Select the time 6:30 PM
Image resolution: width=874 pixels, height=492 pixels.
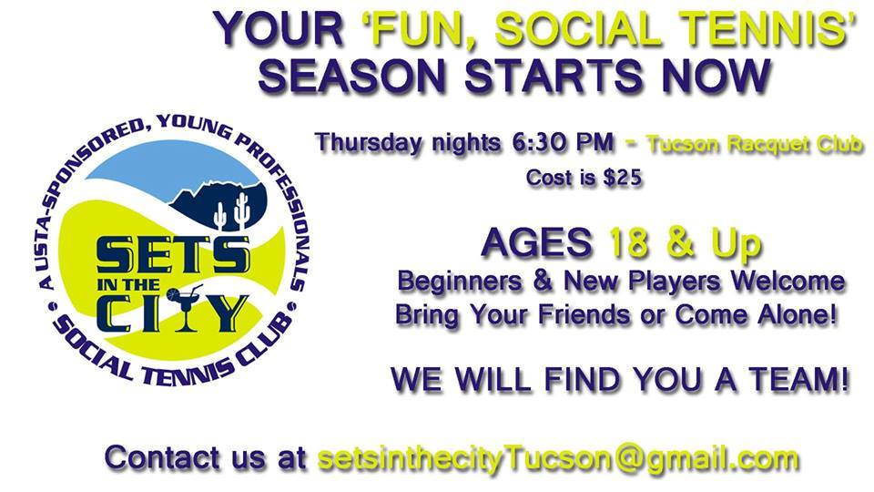pyautogui.click(x=563, y=143)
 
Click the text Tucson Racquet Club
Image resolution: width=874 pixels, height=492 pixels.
pyautogui.click(x=755, y=144)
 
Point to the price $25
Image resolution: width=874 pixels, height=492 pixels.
pyautogui.click(x=623, y=178)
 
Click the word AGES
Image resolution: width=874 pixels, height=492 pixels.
pyautogui.click(x=537, y=242)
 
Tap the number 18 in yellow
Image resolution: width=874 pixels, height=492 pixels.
pyautogui.click(x=630, y=242)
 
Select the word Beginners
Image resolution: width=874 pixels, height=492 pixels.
pyautogui.click(x=460, y=282)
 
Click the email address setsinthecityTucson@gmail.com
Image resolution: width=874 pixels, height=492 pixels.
pyautogui.click(x=558, y=459)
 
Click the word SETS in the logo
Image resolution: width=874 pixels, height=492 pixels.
pyautogui.click(x=173, y=255)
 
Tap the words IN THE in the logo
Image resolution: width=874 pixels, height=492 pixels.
pyautogui.click(x=128, y=285)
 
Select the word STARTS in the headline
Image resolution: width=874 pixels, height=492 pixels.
pyautogui.click(x=554, y=76)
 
